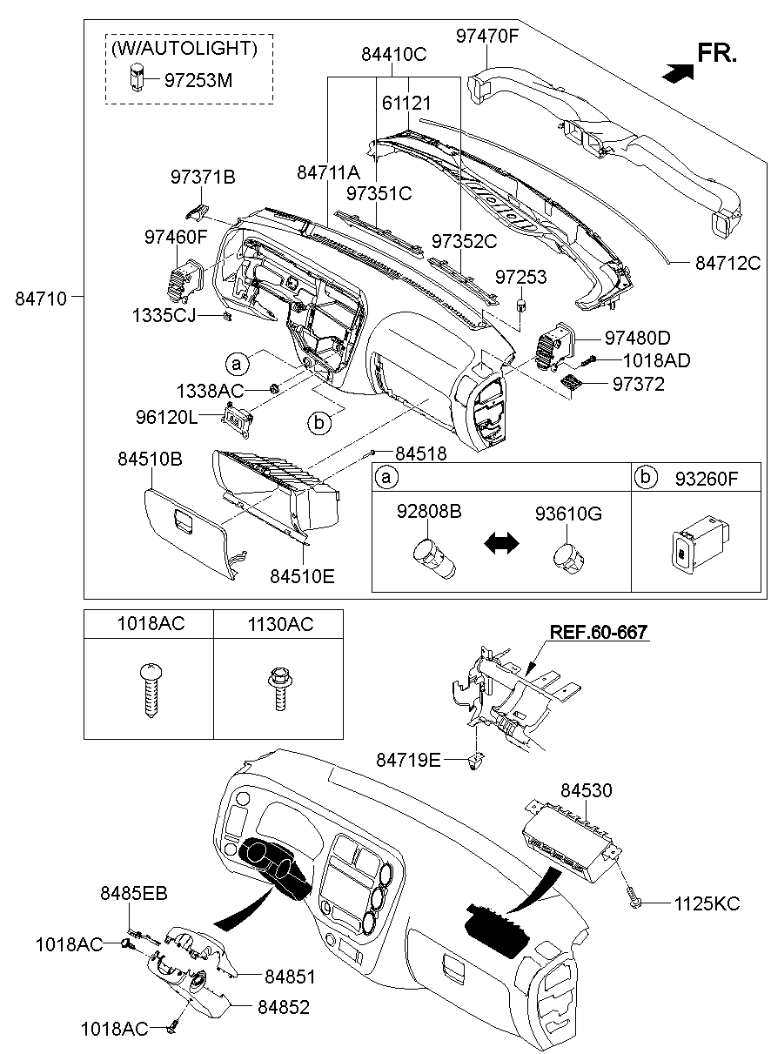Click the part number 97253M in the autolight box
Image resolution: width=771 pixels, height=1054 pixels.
click(x=198, y=80)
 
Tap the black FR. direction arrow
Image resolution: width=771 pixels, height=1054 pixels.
click(x=677, y=73)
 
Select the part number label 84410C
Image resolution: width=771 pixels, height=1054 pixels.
click(x=393, y=55)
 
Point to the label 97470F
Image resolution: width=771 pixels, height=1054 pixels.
click(x=486, y=36)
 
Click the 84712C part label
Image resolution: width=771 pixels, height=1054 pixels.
click(x=727, y=263)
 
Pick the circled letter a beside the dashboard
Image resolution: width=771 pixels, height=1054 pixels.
click(x=237, y=363)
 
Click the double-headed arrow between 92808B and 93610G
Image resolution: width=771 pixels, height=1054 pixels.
click(x=501, y=544)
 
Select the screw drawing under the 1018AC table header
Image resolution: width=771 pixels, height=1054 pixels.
click(x=151, y=689)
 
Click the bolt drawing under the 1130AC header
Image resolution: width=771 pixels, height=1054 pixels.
click(x=280, y=688)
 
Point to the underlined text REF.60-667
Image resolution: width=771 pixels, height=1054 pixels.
click(x=599, y=632)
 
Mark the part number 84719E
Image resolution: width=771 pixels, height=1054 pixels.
click(x=408, y=760)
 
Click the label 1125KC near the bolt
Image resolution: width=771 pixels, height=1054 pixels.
click(x=707, y=903)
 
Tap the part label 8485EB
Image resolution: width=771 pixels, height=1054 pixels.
click(x=134, y=893)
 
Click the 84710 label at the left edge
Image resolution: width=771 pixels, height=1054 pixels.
click(x=41, y=299)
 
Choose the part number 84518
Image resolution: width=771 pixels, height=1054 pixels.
click(x=421, y=453)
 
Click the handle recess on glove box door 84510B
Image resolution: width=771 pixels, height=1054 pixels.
click(x=184, y=520)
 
